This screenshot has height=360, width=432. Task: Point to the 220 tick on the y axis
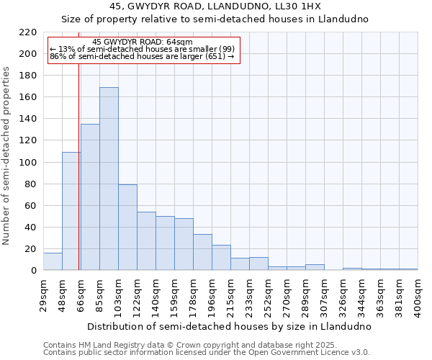coord(29,32)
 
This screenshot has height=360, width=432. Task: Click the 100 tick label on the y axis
coord(29,163)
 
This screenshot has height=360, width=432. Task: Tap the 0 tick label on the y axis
coord(34,271)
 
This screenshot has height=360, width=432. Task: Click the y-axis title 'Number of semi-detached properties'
coord(7,156)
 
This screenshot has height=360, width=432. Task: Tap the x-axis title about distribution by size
coord(230,326)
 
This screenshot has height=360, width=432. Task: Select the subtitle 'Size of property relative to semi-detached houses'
coord(215,19)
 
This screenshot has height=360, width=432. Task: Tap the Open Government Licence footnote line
coord(207,353)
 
